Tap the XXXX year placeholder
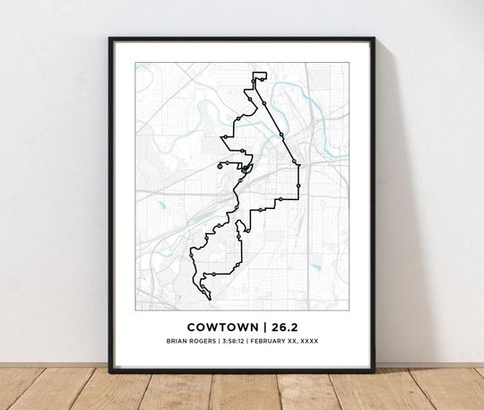click(307, 341)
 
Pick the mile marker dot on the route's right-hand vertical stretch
click(298, 183)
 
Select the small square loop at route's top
click(260, 75)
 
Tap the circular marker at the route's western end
click(218, 166)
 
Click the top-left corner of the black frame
click(111, 39)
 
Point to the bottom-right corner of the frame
click(373, 371)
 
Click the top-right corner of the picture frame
click(373, 39)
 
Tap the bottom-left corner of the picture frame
click(111, 371)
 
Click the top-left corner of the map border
click(136, 63)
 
